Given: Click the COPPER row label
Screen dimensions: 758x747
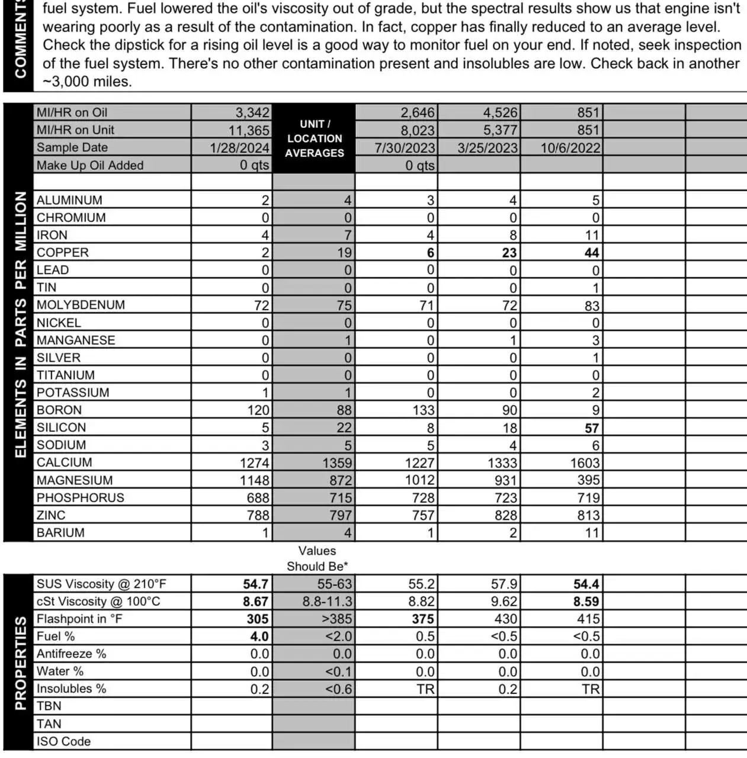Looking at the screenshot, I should pyautogui.click(x=63, y=253).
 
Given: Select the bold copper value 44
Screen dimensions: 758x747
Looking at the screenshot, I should pyautogui.click(x=591, y=253).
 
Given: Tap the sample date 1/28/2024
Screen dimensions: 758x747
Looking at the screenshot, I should pyautogui.click(x=239, y=148).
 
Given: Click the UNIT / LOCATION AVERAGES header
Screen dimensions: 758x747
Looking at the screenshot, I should pyautogui.click(x=314, y=139).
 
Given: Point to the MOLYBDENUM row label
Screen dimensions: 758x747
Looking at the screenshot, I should pyautogui.click(x=81, y=305).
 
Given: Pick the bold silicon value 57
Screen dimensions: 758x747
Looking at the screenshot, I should pyautogui.click(x=591, y=428).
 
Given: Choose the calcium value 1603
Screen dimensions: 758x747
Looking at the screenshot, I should pyautogui.click(x=585, y=462).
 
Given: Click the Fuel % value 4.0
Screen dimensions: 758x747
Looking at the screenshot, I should pyautogui.click(x=259, y=637).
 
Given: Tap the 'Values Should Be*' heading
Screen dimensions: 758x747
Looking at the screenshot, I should pyautogui.click(x=317, y=558).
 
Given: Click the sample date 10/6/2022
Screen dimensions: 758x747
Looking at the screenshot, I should pyautogui.click(x=570, y=148).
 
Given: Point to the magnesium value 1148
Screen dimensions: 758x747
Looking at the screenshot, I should pyautogui.click(x=254, y=480).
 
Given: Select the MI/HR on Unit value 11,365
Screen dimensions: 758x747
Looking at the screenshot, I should pyautogui.click(x=249, y=130).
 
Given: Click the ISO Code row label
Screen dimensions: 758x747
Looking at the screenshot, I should pyautogui.click(x=63, y=741).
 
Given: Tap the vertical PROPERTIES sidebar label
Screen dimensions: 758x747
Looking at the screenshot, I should pyautogui.click(x=20, y=663).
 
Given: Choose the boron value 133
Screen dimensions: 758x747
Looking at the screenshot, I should pyautogui.click(x=423, y=410).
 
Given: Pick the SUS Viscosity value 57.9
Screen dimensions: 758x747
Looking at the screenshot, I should pyautogui.click(x=504, y=584).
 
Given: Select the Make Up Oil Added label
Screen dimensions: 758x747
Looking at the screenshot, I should pyautogui.click(x=90, y=165).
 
